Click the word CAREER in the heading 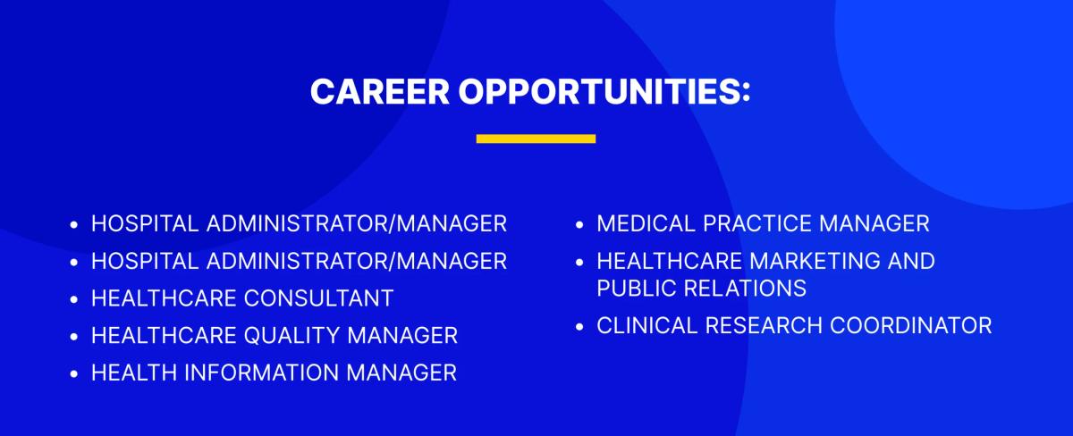click(380, 91)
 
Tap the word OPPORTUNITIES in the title click(604, 91)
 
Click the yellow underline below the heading click(536, 138)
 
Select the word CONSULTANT click(318, 298)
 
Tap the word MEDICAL click(646, 223)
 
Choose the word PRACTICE click(756, 223)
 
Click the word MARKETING click(815, 261)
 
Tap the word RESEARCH click(763, 325)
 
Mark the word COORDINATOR click(910, 325)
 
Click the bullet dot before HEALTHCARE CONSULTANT click(73, 299)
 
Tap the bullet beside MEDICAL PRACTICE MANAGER click(579, 224)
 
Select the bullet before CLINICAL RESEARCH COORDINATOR click(579, 327)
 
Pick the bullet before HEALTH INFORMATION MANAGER click(73, 374)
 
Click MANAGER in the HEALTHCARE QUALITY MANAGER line click(402, 336)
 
